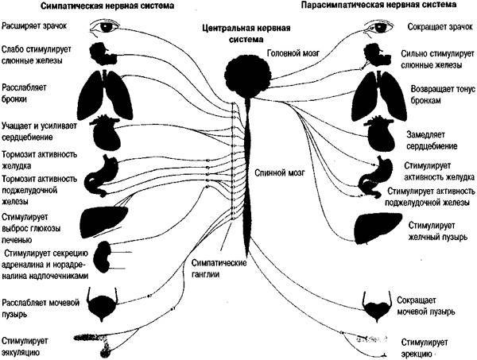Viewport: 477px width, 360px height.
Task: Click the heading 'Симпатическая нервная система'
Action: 107,6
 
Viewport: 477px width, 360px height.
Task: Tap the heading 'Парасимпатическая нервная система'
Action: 378,5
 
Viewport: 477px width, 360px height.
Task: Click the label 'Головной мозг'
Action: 293,52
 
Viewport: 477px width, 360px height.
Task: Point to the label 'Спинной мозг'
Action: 279,173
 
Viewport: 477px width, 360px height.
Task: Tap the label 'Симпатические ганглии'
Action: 219,269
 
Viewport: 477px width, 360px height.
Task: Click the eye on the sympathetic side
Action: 105,27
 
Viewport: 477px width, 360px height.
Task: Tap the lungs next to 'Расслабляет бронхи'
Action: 105,95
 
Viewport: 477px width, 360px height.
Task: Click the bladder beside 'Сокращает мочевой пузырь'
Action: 377,307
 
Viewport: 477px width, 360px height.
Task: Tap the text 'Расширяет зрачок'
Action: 33,25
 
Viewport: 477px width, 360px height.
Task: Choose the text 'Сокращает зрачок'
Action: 440,27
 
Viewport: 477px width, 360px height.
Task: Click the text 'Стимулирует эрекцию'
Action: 424,348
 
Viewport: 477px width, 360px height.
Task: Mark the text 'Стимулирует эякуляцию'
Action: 25,346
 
